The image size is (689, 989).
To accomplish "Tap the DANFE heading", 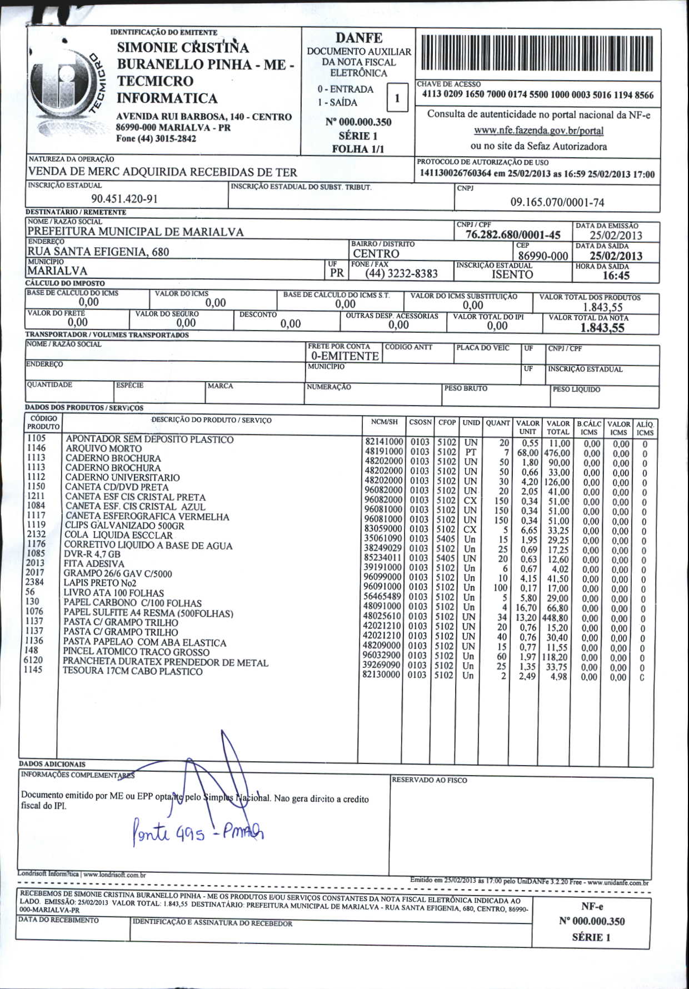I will pyautogui.click(x=358, y=38).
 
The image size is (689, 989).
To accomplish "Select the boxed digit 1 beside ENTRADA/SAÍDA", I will pyautogui.click(x=397, y=99).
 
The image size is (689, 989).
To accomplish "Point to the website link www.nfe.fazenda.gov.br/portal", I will pyautogui.click(x=538, y=131).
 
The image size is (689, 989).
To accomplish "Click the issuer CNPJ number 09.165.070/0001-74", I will pyautogui.click(x=557, y=202).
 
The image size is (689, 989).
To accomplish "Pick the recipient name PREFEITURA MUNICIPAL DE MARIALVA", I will pyautogui.click(x=136, y=232).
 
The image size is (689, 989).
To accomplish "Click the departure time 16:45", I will pyautogui.click(x=616, y=276).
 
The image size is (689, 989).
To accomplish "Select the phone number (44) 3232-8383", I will pyautogui.click(x=401, y=273).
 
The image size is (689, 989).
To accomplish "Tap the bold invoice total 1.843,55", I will pyautogui.click(x=602, y=327).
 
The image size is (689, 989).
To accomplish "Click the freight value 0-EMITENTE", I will pyautogui.click(x=344, y=356).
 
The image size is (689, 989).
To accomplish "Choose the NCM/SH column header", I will pyautogui.click(x=384, y=422).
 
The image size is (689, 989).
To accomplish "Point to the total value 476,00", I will pyautogui.click(x=557, y=453).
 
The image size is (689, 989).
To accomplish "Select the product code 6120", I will pyautogui.click(x=33, y=660).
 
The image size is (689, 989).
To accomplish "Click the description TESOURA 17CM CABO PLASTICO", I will pyautogui.click(x=132, y=671).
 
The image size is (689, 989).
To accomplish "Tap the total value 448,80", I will pyautogui.click(x=556, y=618).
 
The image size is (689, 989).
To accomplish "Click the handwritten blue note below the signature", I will pyautogui.click(x=197, y=832).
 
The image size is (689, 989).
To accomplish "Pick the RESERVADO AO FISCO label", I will pyautogui.click(x=429, y=780).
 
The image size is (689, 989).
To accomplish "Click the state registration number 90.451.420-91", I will pyautogui.click(x=124, y=199).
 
